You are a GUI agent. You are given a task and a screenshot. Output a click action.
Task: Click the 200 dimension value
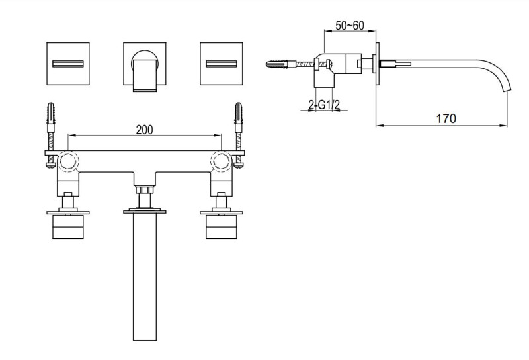pos(145,129)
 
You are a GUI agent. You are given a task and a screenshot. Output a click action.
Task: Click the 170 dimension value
pos(446,118)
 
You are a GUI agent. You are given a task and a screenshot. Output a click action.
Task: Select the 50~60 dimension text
pos(348,25)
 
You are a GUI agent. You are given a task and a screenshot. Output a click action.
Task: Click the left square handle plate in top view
pos(68,63)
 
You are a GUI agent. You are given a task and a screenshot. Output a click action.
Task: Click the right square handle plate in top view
pos(222,63)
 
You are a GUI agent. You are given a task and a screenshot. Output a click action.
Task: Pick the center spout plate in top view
pos(145,63)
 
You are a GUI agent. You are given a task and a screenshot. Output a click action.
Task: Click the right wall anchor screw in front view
pos(239,122)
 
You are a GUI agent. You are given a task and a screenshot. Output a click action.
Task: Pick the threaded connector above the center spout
pos(145,196)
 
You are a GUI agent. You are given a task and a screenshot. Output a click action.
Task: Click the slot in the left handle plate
pos(68,64)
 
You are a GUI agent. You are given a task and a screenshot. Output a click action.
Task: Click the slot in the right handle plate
pos(222,64)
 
